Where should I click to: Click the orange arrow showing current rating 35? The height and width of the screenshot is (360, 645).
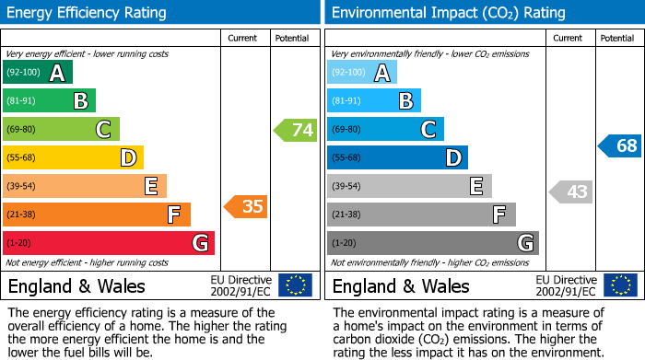[x=246, y=206]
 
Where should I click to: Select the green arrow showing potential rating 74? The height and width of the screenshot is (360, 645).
[x=296, y=130]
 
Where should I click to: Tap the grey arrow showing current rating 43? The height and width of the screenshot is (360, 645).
[x=570, y=192]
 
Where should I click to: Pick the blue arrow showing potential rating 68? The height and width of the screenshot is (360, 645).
[x=619, y=145]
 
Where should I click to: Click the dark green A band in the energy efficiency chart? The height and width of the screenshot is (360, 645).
[x=37, y=73]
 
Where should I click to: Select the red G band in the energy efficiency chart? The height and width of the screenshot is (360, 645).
[x=108, y=243]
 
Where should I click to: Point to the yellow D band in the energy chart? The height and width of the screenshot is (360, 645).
[x=73, y=158]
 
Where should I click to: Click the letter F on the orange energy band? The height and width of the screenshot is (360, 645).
[x=172, y=215]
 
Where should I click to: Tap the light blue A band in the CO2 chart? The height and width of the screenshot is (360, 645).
[x=361, y=73]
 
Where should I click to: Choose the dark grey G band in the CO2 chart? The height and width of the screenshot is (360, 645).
[x=432, y=243]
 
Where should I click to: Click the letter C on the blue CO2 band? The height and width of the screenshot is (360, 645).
[x=428, y=130]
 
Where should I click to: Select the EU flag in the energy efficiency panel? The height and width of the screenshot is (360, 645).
[x=295, y=285]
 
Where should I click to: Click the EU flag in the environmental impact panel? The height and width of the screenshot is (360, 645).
[x=619, y=285]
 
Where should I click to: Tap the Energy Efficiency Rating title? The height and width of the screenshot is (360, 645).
[x=88, y=13]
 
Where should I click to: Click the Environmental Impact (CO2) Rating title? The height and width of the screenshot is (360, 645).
[x=448, y=13]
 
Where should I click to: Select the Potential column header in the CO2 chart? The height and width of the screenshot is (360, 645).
[x=617, y=38]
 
